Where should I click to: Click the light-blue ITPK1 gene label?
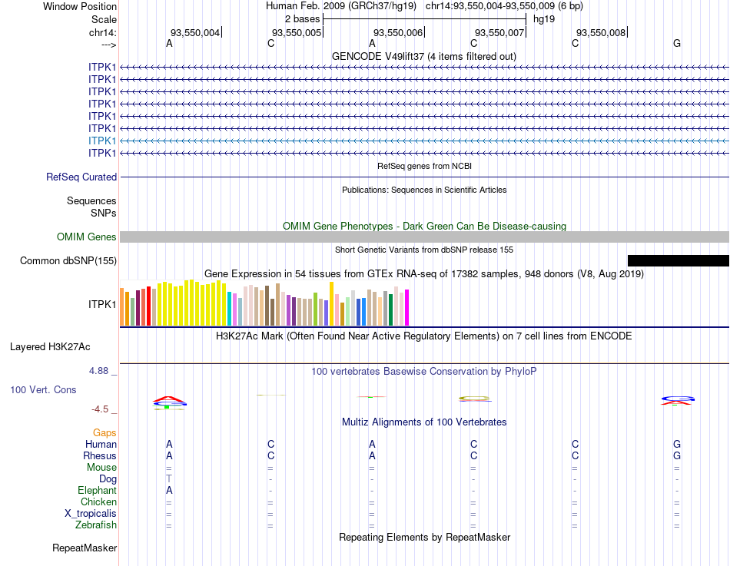(x=102, y=141)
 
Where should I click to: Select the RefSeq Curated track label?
(x=81, y=177)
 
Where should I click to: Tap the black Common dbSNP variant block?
(x=678, y=260)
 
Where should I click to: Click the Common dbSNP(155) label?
(x=68, y=260)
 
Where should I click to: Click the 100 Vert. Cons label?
(x=43, y=389)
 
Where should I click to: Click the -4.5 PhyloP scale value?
(x=101, y=409)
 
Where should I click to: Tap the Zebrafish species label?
(x=98, y=525)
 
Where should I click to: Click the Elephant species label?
(x=97, y=490)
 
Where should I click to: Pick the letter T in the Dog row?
(x=169, y=478)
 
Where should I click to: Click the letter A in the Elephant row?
(x=169, y=490)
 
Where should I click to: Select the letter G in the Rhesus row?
(x=677, y=455)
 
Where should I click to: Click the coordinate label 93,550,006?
(x=397, y=32)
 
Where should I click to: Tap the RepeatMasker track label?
(x=85, y=548)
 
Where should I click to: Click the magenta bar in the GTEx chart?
(x=406, y=307)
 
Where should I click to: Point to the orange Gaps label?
(x=105, y=433)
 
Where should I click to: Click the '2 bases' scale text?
(x=302, y=18)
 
